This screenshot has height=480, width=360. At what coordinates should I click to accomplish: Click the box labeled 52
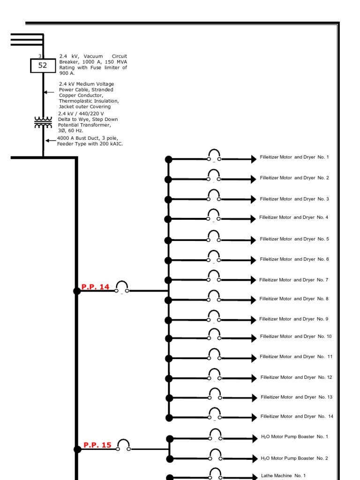(43, 66)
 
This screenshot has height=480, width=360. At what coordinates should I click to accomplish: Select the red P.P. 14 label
(95, 287)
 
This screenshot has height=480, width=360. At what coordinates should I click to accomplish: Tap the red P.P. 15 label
(97, 445)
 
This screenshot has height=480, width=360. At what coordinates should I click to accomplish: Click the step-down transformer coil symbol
(43, 122)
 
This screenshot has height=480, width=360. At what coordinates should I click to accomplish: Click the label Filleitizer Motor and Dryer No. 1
(294, 157)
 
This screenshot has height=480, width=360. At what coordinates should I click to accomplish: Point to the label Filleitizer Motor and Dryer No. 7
(293, 280)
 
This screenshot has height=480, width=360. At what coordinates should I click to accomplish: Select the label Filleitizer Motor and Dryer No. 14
(297, 416)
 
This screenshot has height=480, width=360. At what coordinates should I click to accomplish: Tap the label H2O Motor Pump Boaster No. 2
(294, 458)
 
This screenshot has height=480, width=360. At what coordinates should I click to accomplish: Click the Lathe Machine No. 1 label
(283, 476)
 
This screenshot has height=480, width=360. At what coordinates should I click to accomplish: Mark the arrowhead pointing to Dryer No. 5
(254, 240)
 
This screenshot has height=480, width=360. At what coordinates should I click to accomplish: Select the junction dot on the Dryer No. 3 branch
(168, 200)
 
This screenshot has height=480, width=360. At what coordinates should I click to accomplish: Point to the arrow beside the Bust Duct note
(51, 141)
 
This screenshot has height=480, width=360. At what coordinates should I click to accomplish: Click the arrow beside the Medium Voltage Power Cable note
(49, 92)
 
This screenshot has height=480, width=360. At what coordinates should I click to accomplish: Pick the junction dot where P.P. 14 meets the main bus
(77, 291)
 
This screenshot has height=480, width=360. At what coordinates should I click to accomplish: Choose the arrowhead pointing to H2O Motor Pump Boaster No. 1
(255, 439)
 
